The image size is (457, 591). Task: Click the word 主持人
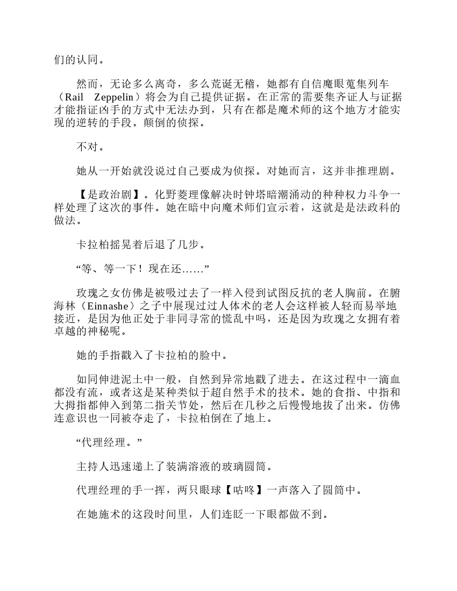94,465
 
